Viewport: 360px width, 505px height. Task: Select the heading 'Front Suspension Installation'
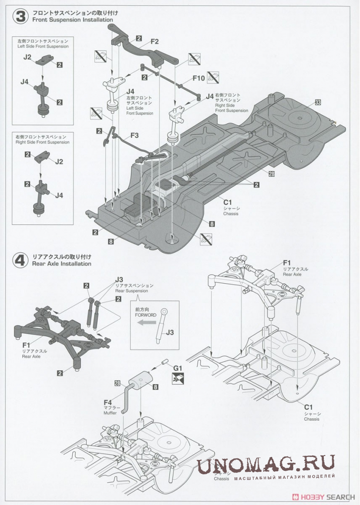(x=72, y=20)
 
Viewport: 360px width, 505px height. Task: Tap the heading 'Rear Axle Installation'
(x=61, y=264)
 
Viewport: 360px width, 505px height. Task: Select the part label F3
(x=135, y=135)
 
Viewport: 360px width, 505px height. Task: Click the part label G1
(x=178, y=368)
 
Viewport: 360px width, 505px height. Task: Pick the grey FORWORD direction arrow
(x=147, y=322)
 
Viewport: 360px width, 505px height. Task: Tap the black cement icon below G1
(x=177, y=379)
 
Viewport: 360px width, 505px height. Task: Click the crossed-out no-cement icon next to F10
(x=214, y=77)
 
